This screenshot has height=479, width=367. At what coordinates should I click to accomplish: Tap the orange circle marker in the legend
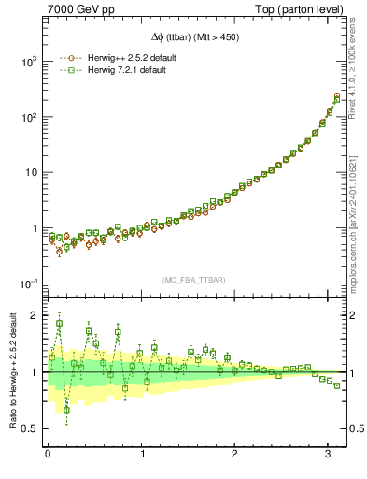[67, 58]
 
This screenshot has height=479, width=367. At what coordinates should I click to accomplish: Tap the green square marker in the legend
[67, 71]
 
